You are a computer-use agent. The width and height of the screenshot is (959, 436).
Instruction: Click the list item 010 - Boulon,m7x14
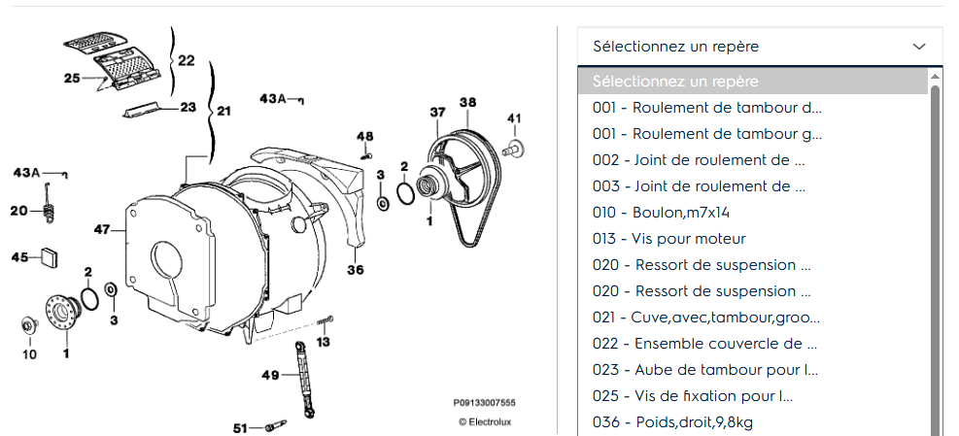click(x=661, y=213)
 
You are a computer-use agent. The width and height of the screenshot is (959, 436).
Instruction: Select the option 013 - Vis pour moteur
click(x=669, y=239)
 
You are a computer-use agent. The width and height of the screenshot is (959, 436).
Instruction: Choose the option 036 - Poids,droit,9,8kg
click(x=672, y=422)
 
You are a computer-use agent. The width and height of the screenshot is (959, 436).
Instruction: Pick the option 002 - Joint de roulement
click(x=699, y=159)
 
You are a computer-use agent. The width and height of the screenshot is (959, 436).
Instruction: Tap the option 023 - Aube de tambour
click(x=705, y=369)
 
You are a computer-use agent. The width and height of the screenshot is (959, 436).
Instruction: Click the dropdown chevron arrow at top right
click(x=918, y=47)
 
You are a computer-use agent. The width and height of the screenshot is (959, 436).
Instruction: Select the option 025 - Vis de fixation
click(x=693, y=395)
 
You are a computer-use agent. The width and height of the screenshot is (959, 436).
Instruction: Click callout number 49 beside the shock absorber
click(x=270, y=376)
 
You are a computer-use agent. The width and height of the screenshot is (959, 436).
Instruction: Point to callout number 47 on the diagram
click(x=101, y=229)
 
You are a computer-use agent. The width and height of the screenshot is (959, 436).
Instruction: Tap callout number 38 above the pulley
click(x=468, y=102)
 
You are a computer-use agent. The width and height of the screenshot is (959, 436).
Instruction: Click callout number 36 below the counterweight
click(x=356, y=270)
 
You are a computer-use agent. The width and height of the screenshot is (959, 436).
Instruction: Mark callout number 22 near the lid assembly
click(x=186, y=60)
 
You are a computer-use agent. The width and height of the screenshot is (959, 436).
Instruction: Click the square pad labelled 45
click(x=50, y=257)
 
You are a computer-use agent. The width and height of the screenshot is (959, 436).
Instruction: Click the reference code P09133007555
click(x=485, y=402)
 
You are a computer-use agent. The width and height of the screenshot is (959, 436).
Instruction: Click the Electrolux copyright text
click(x=485, y=422)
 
